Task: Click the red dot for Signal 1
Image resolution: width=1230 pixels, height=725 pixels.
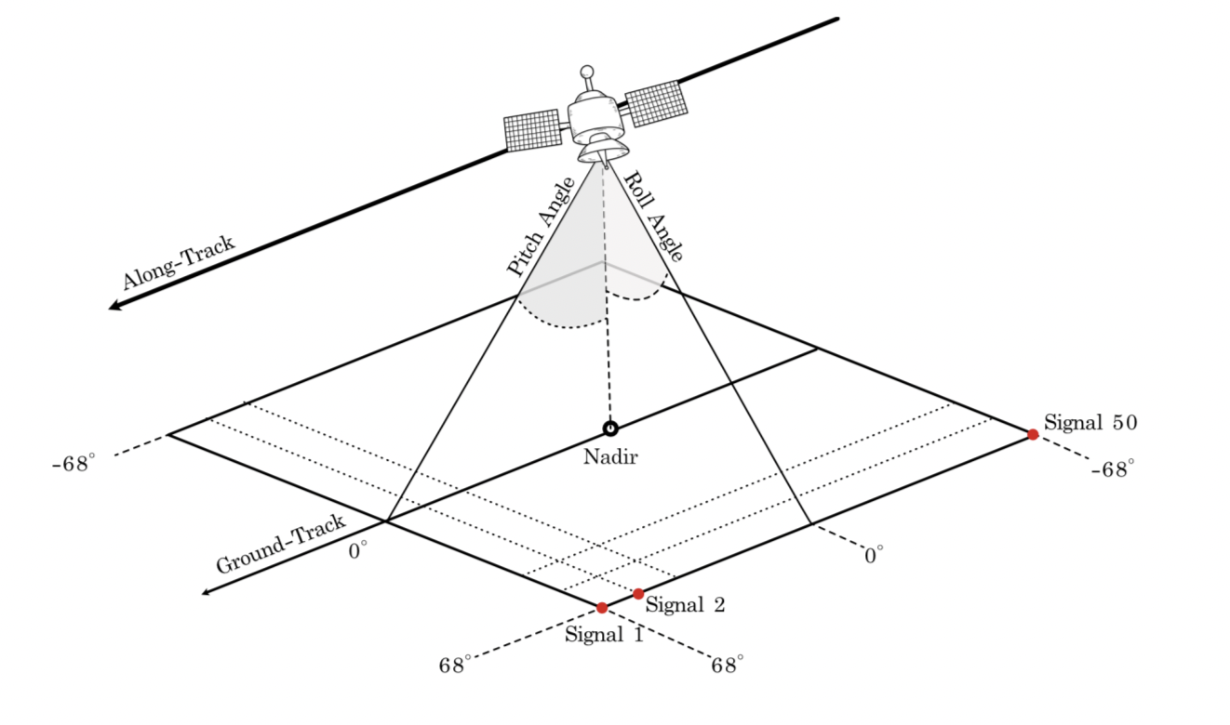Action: click(602, 608)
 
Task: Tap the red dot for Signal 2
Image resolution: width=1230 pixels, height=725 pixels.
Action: click(638, 594)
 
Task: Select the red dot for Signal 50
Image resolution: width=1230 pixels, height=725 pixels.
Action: click(1033, 434)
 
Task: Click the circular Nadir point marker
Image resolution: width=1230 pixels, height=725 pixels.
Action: click(610, 428)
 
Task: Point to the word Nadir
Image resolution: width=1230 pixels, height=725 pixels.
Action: click(610, 456)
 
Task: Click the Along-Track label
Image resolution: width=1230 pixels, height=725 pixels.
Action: click(179, 263)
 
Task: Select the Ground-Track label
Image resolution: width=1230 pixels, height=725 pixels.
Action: click(281, 544)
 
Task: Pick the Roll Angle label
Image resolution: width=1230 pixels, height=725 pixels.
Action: click(654, 216)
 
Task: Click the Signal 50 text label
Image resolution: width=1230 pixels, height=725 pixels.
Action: click(1090, 423)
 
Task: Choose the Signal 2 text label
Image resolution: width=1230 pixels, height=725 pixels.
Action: click(685, 605)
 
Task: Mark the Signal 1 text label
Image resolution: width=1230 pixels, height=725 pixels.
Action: click(604, 636)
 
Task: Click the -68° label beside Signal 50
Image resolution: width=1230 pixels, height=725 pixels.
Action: click(1113, 469)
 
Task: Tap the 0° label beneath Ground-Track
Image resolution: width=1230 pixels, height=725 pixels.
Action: click(358, 551)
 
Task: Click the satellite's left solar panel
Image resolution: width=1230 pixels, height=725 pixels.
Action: click(533, 130)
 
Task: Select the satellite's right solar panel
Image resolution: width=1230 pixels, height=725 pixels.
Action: click(657, 102)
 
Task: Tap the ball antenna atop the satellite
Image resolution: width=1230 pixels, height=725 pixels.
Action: click(586, 72)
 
